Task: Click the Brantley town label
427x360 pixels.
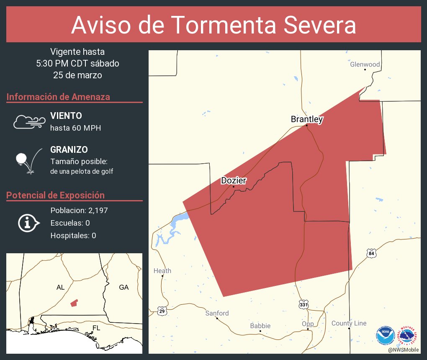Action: click(x=307, y=119)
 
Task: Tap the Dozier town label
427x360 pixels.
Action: click(x=234, y=180)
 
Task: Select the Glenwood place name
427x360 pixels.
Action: click(x=365, y=64)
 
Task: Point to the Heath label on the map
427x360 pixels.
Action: click(x=162, y=271)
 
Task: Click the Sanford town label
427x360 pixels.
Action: click(x=217, y=313)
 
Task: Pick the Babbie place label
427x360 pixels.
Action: click(x=260, y=326)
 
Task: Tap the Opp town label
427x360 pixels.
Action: click(x=308, y=324)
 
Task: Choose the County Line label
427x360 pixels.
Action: click(x=349, y=323)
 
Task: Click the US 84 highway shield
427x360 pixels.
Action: click(x=372, y=253)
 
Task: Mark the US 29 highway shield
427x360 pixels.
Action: click(x=162, y=311)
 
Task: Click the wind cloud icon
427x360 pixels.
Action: click(x=28, y=121)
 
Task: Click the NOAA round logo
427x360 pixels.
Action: click(x=385, y=335)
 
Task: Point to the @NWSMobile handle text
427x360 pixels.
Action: click(x=404, y=350)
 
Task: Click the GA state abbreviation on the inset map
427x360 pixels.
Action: click(x=124, y=287)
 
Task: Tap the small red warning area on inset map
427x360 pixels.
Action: click(x=74, y=303)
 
